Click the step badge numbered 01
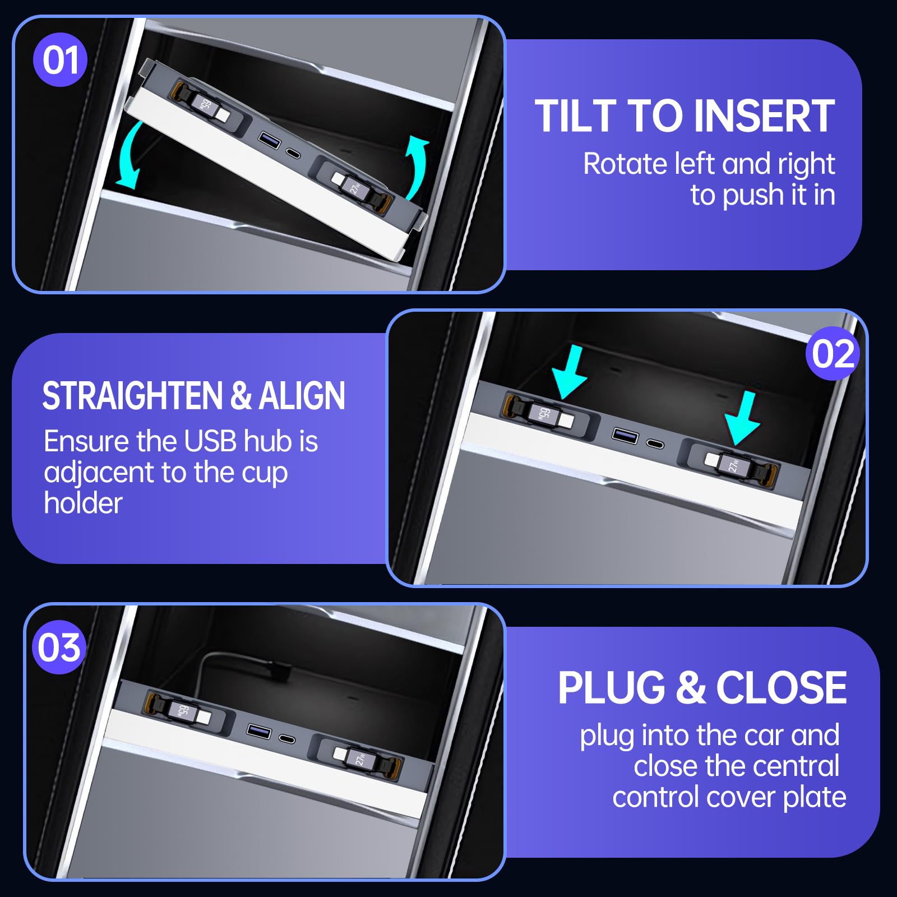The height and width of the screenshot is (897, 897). [60, 59]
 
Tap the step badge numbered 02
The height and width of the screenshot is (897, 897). [833, 353]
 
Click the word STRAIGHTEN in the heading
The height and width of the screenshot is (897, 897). [133, 396]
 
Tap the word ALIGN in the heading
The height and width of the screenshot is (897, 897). [302, 396]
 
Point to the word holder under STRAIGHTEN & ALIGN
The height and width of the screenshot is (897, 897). [83, 503]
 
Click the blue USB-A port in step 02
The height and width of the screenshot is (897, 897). [625, 435]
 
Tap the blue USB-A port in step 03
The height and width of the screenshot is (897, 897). [259, 730]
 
